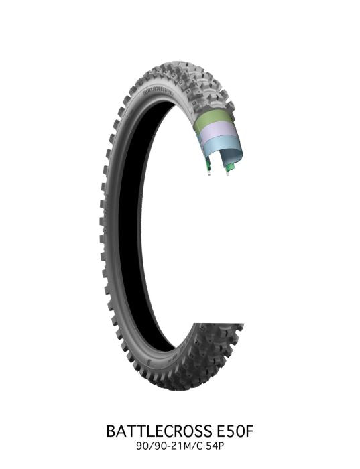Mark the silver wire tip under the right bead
pyautogui.click(x=228, y=175)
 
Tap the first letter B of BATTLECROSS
pyautogui.click(x=111, y=431)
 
